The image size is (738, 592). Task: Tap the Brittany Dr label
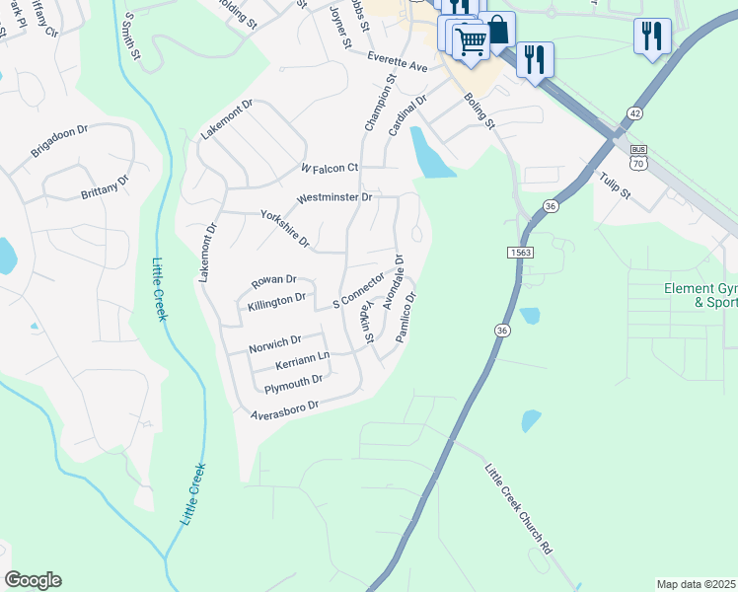[x=105, y=188]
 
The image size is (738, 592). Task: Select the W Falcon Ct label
[x=330, y=170]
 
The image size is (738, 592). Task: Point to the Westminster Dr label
[x=333, y=197]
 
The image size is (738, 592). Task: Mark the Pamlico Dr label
[x=407, y=317]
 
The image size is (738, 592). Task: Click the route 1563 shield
[x=522, y=254]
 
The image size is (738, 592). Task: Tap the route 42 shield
[x=633, y=114]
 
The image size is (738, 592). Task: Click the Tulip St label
[x=614, y=186]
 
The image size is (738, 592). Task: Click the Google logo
[x=33, y=580]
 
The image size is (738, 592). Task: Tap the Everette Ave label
[x=398, y=62]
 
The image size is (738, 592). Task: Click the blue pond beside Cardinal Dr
[x=431, y=155]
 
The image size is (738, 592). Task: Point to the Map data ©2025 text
[x=696, y=584]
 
